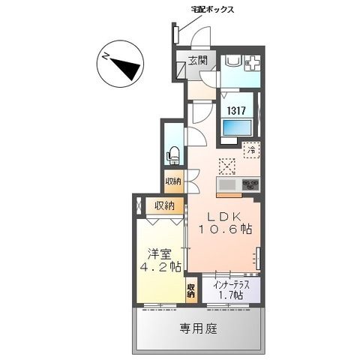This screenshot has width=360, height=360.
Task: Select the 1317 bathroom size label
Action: point(238,109)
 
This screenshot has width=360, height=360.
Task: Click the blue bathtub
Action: point(238,128)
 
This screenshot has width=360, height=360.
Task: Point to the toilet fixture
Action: point(173,154)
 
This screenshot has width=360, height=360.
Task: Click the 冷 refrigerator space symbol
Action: point(252,150)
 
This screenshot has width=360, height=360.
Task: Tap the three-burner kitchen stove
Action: point(248,184)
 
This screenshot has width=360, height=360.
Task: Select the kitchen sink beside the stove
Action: point(226,184)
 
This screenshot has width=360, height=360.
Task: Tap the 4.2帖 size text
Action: point(160,267)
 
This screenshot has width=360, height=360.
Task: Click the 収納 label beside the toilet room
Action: point(173,181)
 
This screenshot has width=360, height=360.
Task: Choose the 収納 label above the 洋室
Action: point(165,205)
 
